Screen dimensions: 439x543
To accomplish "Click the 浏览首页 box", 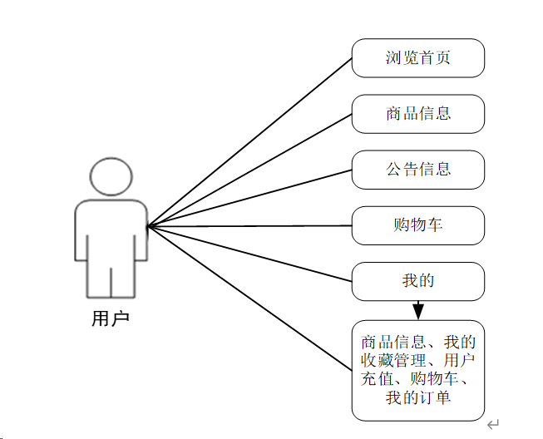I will point(417,58).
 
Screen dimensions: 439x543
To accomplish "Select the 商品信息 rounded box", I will point(417,114).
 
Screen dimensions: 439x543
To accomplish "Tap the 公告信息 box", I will point(417,170).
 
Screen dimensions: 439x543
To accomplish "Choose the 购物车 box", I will point(417,225).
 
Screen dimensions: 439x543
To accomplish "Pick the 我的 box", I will point(417,281).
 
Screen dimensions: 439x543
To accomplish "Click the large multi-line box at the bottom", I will point(417,370).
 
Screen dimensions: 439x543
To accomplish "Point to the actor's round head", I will point(111,175).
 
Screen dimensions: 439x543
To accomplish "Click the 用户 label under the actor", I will point(111,318).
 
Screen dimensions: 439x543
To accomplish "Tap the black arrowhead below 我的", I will point(418,311).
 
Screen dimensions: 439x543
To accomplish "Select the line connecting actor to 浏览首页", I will point(249,142).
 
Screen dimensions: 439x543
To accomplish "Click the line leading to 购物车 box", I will point(249,225).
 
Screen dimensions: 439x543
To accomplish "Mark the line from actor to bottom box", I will point(249,298).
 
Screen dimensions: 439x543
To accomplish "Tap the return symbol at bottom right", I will point(493,424).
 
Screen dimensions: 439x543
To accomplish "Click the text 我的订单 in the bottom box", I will point(417,398).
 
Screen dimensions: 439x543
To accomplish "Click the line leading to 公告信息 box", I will point(249,198).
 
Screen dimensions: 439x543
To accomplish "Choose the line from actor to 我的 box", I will point(249,253).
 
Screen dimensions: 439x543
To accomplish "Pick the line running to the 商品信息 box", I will point(249,170).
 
